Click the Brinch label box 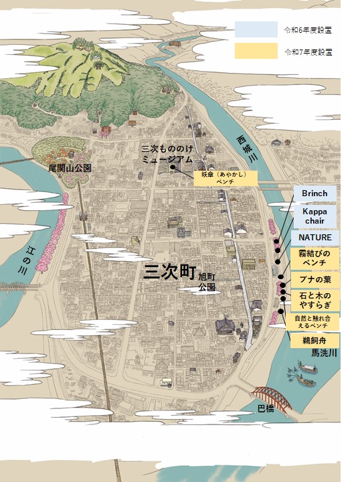314,193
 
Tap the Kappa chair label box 314,216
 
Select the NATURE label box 314,237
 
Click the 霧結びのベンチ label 314,258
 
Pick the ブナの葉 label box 314,278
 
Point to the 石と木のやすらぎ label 314,299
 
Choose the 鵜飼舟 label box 314,340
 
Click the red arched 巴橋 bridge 274,395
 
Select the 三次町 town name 170,272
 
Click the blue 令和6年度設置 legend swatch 256,29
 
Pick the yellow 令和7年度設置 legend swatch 256,51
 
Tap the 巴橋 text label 266,408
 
